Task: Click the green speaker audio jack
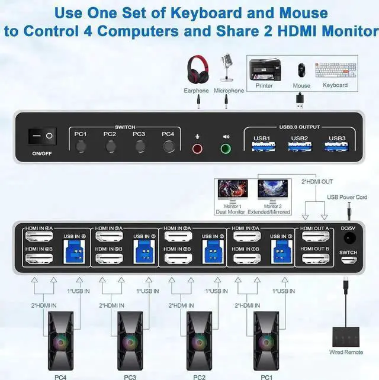pyautogui.click(x=226, y=148)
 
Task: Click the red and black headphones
pyautogui.click(x=196, y=69)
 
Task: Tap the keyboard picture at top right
pyautogui.click(x=335, y=69)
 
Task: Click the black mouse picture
pyautogui.click(x=301, y=69)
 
